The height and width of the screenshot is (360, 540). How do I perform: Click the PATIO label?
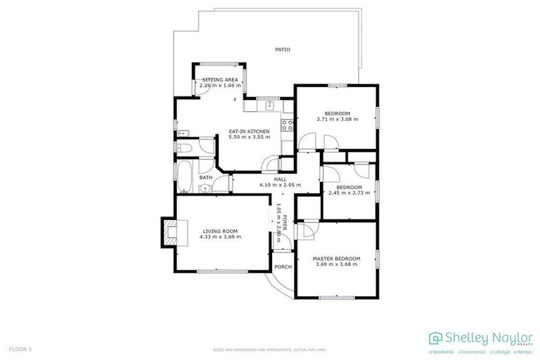tap(282, 49)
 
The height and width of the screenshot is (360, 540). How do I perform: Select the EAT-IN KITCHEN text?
tap(249, 131)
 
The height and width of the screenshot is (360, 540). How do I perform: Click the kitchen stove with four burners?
tap(287, 126)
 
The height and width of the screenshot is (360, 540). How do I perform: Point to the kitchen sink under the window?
tap(269, 106)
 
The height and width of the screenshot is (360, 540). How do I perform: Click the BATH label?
tap(205, 178)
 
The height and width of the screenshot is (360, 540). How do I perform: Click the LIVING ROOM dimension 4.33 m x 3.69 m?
tap(220, 237)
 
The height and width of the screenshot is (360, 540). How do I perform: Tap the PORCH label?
tap(283, 266)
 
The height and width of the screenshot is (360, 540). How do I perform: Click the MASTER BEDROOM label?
tap(336, 258)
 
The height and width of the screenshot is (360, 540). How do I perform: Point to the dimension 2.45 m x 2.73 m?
tap(348, 193)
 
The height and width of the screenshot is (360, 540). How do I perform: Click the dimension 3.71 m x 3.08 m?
tap(337, 119)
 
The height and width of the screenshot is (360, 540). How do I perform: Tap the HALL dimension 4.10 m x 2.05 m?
tap(280, 185)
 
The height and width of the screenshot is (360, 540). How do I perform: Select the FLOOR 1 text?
tap(20, 349)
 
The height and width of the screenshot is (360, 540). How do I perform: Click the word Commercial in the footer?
tap(475, 351)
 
